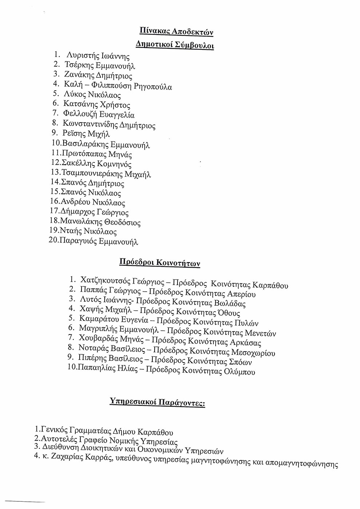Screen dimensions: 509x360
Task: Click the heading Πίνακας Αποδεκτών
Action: coord(176,32)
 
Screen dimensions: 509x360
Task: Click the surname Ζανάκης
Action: coord(78,76)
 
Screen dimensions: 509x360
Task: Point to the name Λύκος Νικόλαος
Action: coord(92,95)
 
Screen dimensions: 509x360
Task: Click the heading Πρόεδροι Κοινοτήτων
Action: coord(160,262)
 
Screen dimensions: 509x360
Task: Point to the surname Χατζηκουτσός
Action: coord(105,281)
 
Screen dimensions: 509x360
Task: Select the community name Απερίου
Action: coord(241,294)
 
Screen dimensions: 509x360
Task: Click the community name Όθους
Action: coord(229,313)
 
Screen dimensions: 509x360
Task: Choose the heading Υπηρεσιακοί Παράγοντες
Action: coord(157,403)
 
